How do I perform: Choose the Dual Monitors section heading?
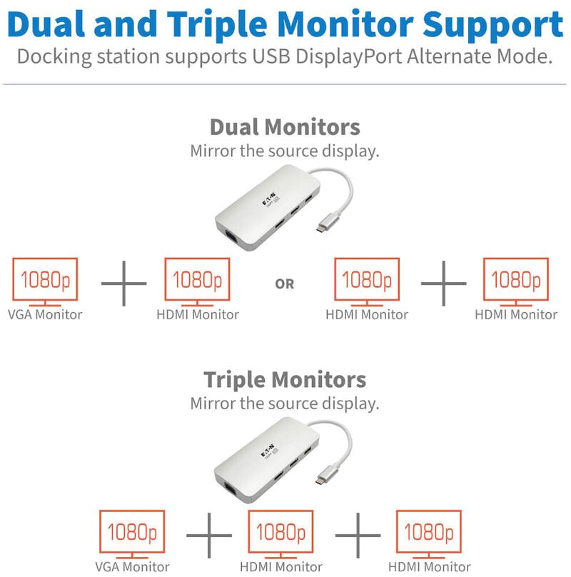point(284,127)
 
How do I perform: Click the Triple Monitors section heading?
point(284,378)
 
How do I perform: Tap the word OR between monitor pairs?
point(285,284)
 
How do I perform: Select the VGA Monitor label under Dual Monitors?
point(45,314)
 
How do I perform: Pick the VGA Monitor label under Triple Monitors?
point(132,567)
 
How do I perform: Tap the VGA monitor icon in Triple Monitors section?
point(133,532)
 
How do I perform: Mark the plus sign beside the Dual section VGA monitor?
point(123,284)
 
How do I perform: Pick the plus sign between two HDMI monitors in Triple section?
point(358,536)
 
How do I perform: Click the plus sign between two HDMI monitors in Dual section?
point(443,284)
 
